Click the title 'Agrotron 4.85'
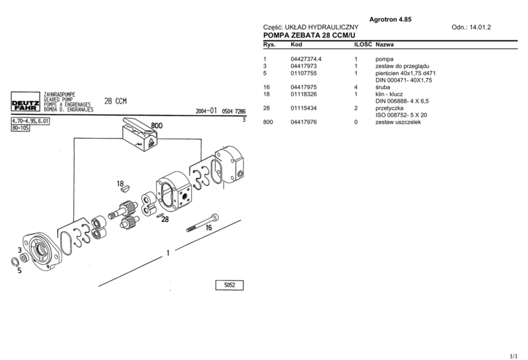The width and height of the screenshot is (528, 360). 390,20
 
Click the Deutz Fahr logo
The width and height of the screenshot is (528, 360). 24,104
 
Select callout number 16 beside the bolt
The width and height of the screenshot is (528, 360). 209,227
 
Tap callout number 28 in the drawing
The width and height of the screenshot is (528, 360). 165,219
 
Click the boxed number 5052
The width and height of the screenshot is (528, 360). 230,285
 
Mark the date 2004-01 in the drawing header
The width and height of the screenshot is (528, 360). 207,112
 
